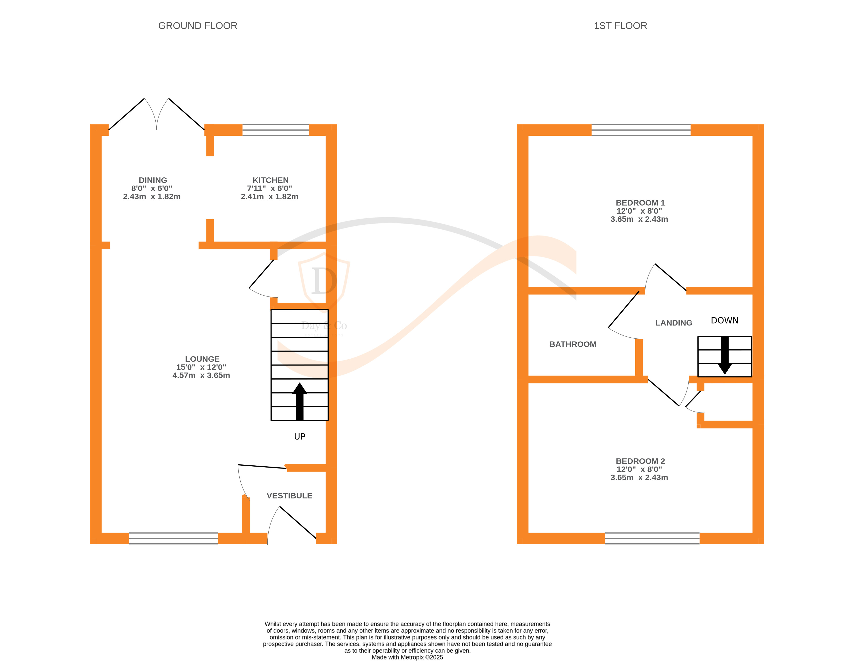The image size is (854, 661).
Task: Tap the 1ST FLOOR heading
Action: click(620, 26)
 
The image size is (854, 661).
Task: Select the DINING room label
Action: click(153, 180)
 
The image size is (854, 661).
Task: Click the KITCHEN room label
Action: click(271, 180)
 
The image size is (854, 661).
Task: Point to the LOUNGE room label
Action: click(202, 359)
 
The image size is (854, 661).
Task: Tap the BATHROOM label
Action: click(572, 344)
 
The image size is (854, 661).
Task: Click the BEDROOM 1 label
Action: click(640, 203)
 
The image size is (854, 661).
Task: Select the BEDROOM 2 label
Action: click(640, 461)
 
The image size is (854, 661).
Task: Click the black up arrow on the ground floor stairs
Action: click(300, 401)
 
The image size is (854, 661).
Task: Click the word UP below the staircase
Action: click(300, 437)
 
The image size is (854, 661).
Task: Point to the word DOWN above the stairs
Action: click(724, 320)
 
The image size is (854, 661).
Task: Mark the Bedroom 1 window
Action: click(641, 130)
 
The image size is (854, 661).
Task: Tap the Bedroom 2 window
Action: click(652, 538)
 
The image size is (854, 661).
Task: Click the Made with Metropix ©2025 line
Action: click(407, 657)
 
